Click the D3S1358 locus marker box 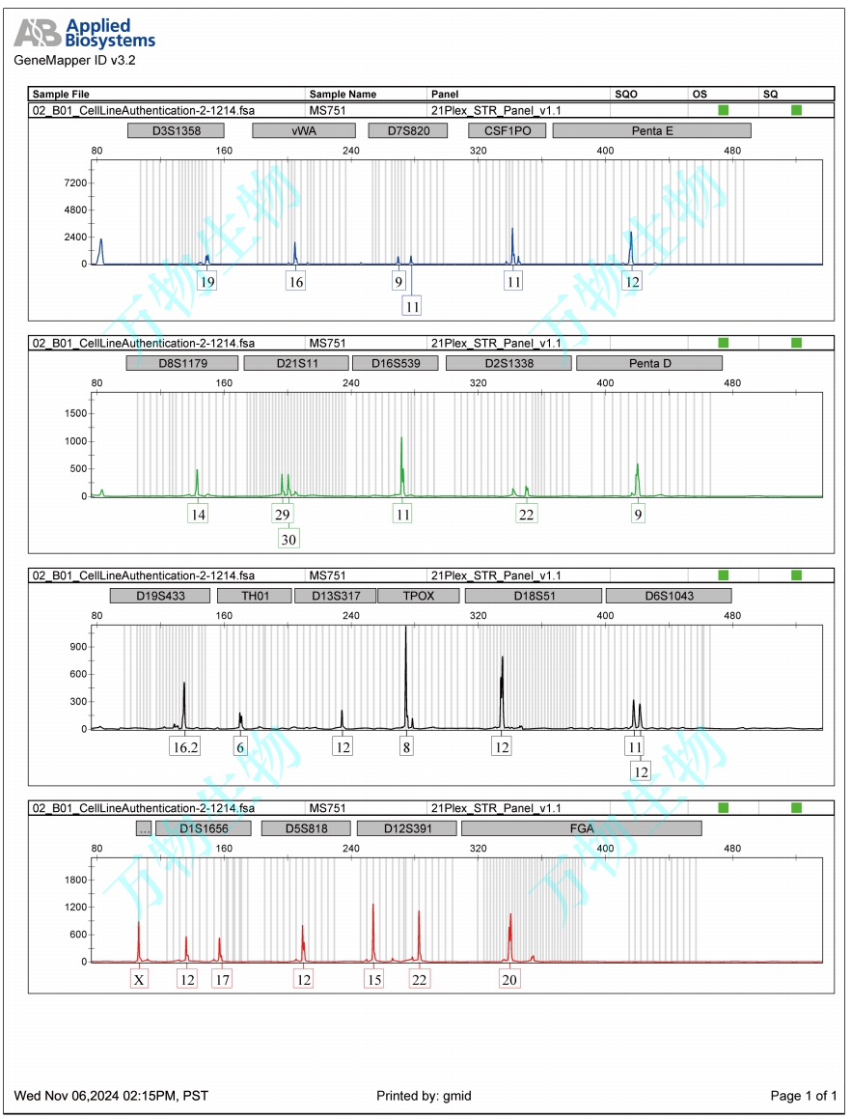pos(177,130)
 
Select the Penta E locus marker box pos(652,130)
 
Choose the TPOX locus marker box pos(419,596)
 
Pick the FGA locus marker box pos(581,828)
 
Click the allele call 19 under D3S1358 pos(206,282)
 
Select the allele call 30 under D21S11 pos(288,539)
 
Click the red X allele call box pos(140,979)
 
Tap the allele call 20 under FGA pos(510,979)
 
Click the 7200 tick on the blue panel pos(76,182)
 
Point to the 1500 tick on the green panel pos(76,413)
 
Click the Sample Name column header pos(343,95)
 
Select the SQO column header pos(626,95)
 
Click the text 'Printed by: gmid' pos(424,1096)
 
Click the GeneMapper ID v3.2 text pos(74,60)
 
